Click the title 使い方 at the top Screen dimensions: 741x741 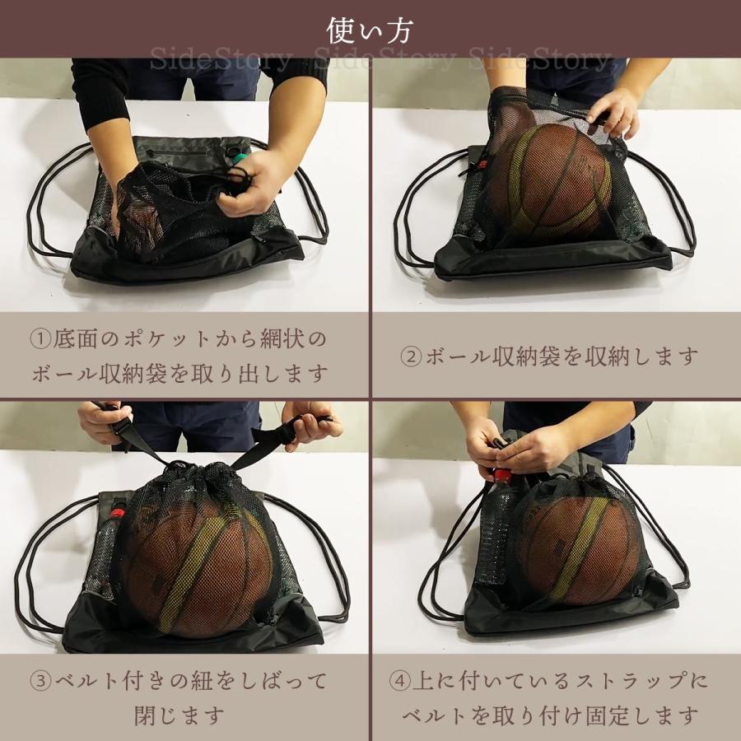coord(370,30)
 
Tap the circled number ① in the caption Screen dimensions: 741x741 coord(42,338)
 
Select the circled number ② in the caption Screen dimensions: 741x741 coord(411,357)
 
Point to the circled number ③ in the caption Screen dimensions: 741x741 coord(42,681)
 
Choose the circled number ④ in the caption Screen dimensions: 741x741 coord(401,681)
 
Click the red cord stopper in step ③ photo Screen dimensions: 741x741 coord(117,512)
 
